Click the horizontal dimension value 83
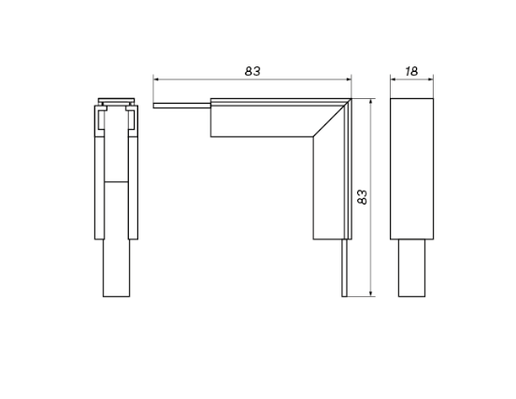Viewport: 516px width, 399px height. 251,70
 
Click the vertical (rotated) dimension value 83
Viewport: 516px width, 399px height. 363,197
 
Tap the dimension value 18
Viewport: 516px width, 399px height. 411,70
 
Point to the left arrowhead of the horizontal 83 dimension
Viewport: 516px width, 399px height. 157,79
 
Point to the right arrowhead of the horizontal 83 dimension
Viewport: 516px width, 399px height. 349,79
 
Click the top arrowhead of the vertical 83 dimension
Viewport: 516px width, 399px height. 372,101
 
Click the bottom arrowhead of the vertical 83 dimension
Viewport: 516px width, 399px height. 372,294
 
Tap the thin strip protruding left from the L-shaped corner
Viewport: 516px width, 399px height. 182,105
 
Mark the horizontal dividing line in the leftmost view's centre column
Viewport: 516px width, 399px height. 116,180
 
